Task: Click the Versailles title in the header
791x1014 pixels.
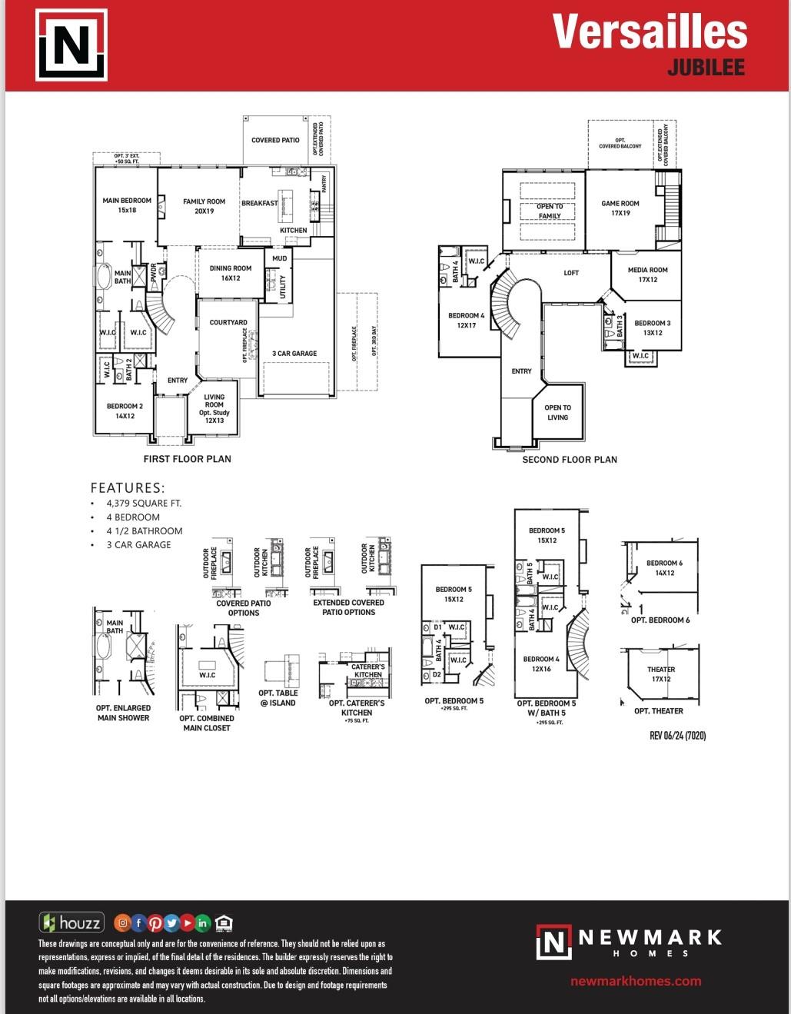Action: click(x=650, y=32)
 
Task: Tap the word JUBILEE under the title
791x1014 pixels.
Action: click(x=706, y=68)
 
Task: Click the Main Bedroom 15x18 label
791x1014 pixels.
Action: click(x=127, y=205)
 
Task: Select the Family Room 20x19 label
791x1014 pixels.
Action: click(x=204, y=206)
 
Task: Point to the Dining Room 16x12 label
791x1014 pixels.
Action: click(x=231, y=273)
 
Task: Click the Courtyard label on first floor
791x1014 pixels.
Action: click(x=228, y=323)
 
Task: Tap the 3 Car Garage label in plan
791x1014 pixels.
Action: click(x=294, y=354)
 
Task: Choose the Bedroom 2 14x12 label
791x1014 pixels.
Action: click(x=125, y=411)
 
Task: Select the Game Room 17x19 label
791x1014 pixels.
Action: click(x=620, y=208)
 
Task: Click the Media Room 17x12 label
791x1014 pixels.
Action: click(x=647, y=274)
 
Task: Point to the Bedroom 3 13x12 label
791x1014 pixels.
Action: click(x=652, y=327)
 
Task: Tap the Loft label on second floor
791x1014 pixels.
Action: click(x=571, y=273)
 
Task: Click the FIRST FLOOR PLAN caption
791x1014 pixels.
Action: click(x=187, y=459)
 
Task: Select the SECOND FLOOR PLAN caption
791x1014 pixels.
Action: click(x=570, y=460)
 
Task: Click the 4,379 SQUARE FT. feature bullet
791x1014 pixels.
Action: click(x=144, y=504)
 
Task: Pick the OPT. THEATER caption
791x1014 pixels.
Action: click(x=658, y=711)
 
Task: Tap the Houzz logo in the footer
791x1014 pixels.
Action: click(x=71, y=923)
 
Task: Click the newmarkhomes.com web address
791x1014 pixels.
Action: click(x=636, y=981)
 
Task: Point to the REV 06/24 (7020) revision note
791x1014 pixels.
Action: click(x=677, y=736)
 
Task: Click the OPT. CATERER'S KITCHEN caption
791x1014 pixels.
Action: click(x=357, y=708)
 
